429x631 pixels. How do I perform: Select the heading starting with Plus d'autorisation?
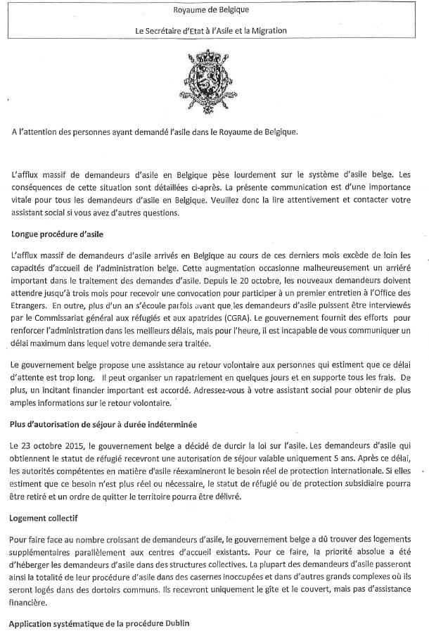tap(103, 424)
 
